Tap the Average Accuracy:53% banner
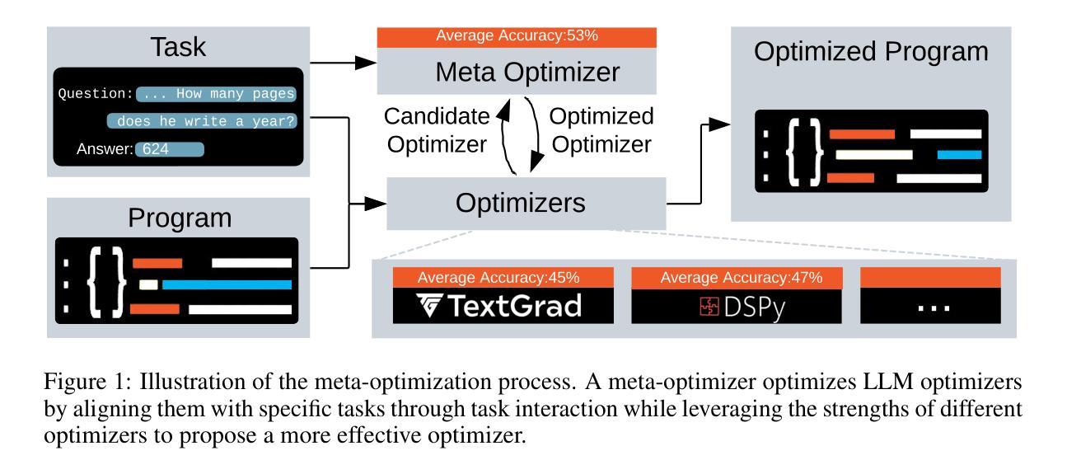516,37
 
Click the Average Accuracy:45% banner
500,278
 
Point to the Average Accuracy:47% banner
739,278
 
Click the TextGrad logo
500,307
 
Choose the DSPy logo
739,307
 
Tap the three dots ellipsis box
930,307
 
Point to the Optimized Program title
872,53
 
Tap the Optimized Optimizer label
601,130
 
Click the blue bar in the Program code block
227,285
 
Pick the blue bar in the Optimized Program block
959,154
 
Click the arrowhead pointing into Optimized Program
720,123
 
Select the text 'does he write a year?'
206,121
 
